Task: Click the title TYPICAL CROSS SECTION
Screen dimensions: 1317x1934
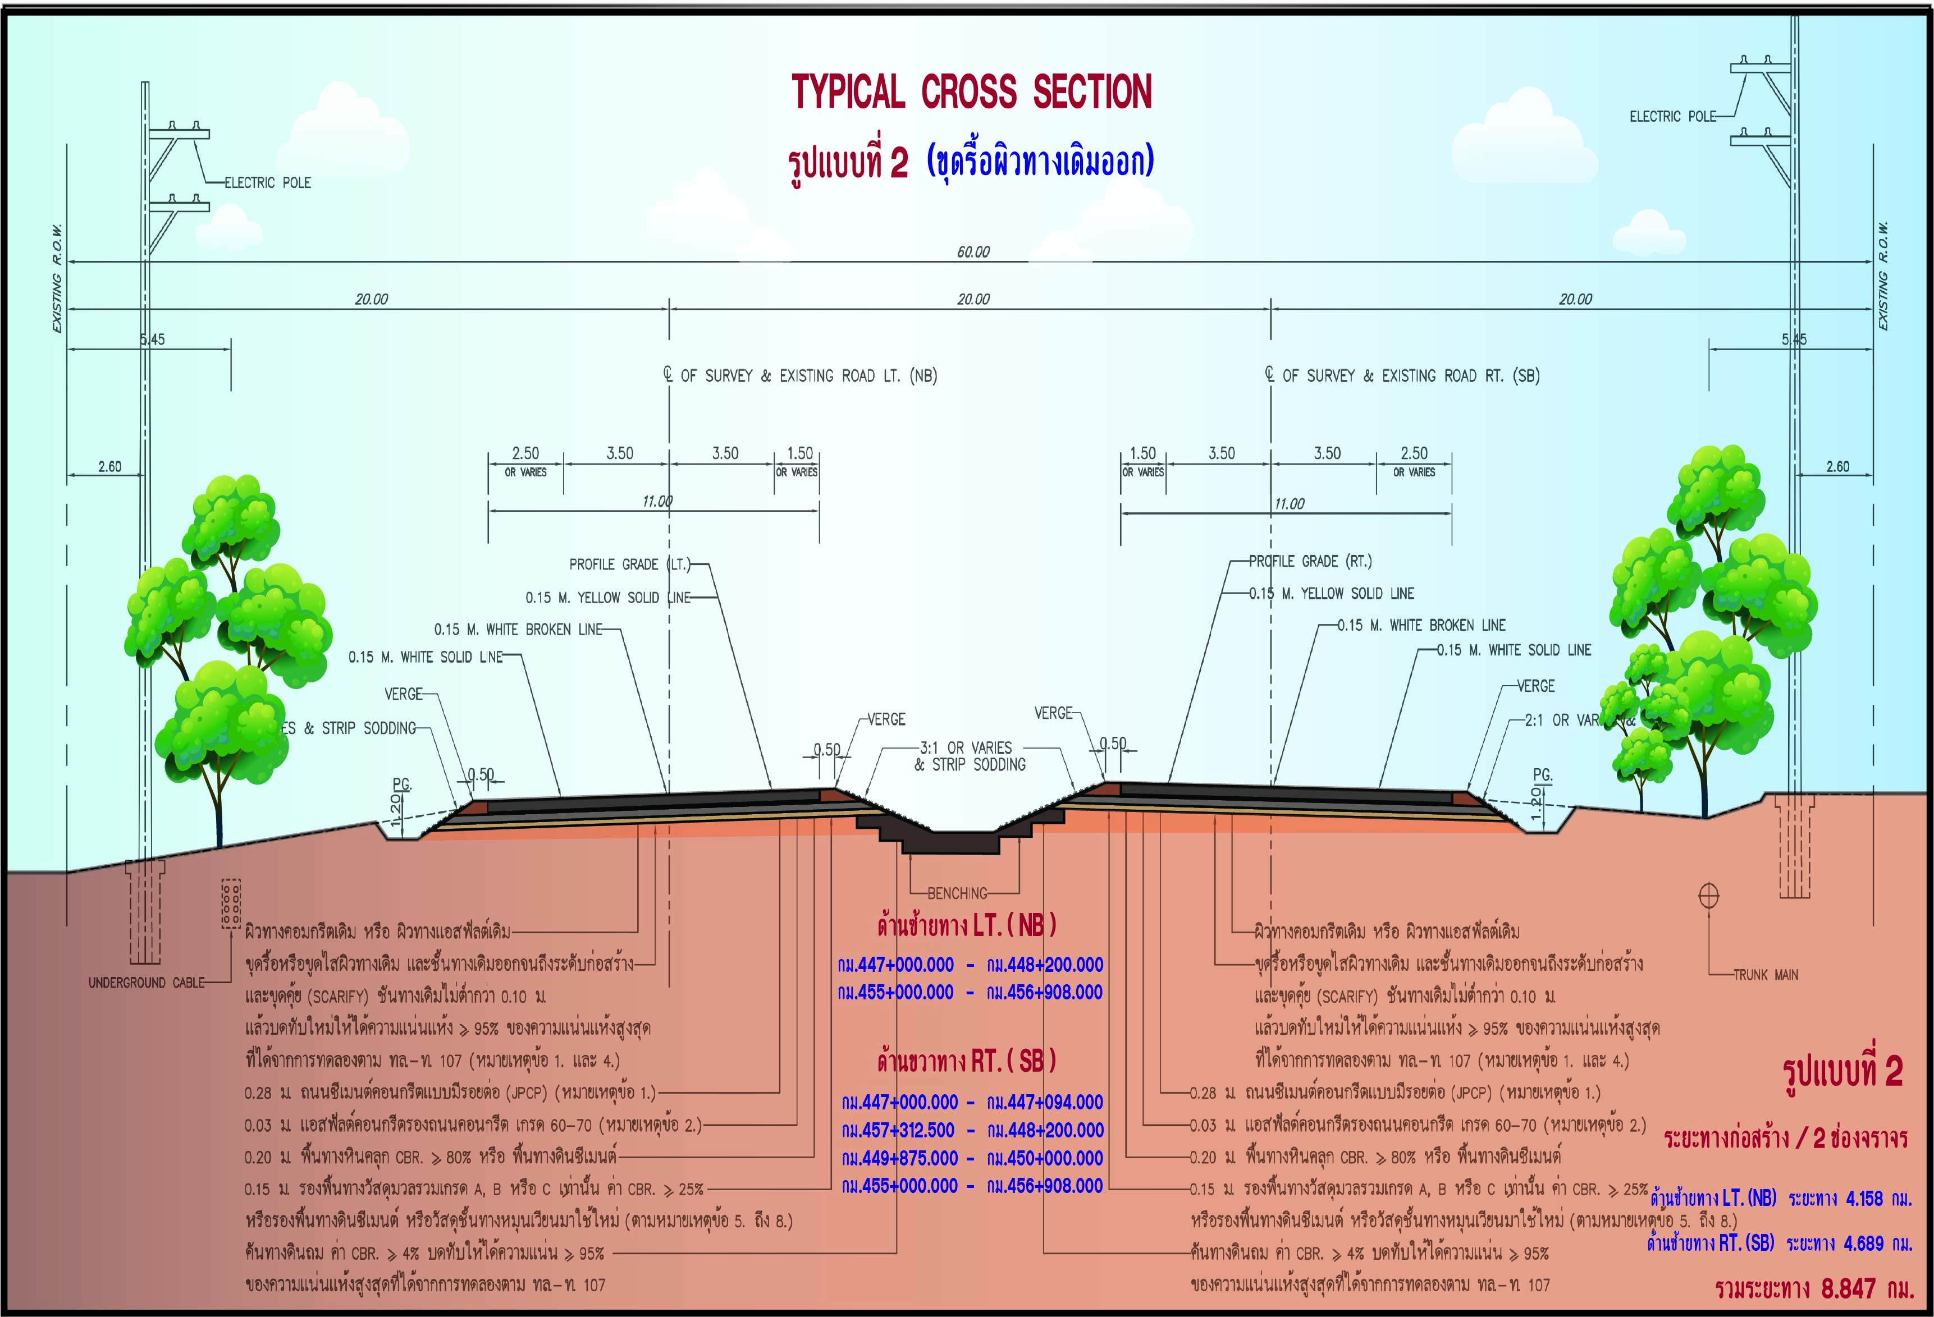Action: click(971, 91)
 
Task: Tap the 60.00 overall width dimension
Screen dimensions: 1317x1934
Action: click(973, 251)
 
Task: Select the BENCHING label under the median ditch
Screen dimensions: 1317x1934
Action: click(957, 893)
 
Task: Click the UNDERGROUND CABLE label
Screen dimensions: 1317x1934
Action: click(147, 983)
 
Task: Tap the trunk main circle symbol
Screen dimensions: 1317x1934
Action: click(1708, 895)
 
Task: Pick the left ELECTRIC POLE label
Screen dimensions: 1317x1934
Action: click(267, 182)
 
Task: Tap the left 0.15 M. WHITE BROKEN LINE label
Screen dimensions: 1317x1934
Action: click(518, 629)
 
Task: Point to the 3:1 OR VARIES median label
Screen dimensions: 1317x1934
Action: click(966, 747)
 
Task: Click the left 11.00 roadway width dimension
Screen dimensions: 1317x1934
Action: click(657, 502)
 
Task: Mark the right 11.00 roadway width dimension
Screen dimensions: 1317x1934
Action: click(1289, 503)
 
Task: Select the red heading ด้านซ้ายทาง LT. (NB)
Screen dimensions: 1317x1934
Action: click(966, 924)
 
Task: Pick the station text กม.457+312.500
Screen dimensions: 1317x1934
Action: click(898, 1130)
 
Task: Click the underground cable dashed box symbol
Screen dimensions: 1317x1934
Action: click(231, 903)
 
